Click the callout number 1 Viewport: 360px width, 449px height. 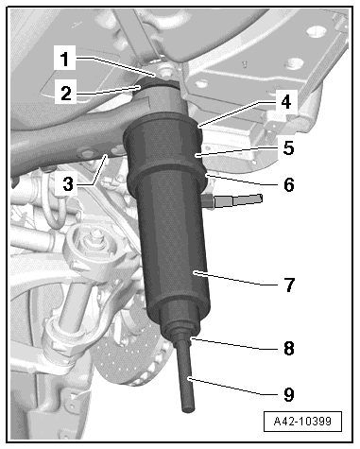coord(64,59)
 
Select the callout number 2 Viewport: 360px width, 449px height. coord(66,94)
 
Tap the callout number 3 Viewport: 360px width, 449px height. coord(68,183)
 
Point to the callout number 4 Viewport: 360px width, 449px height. coord(285,102)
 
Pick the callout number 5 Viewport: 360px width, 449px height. coord(288,147)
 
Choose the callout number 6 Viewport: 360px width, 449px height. coord(288,184)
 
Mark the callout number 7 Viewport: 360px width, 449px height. coord(289,285)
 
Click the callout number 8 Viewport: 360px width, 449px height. coord(288,349)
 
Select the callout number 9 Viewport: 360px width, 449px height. coord(288,394)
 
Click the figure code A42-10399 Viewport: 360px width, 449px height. coord(302,421)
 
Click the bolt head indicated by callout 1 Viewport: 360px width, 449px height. coord(164,72)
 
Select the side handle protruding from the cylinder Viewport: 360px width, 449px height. coord(234,200)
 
